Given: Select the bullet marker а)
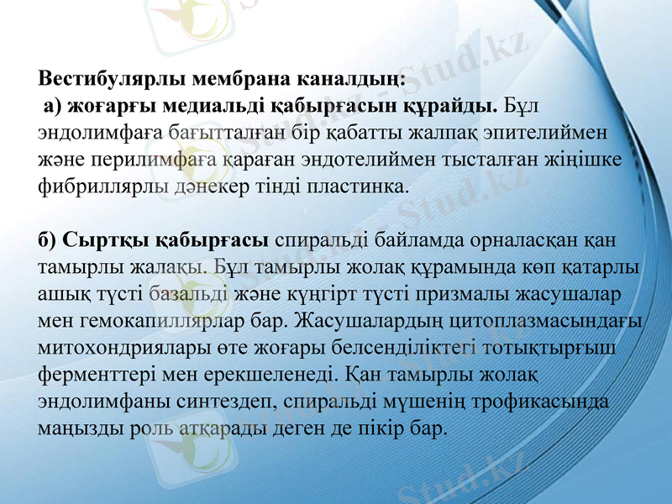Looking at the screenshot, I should (53, 107).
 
